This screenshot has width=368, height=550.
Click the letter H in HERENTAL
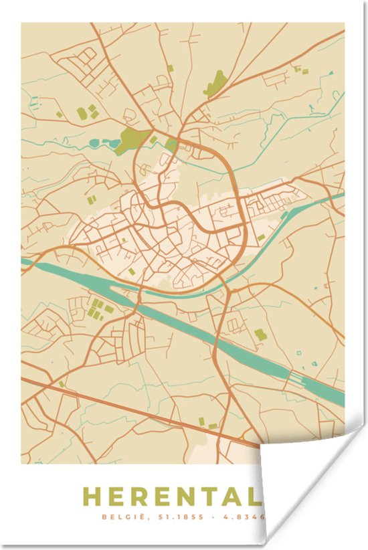coord(91,496)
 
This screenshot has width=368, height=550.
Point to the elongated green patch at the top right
coord(216,84)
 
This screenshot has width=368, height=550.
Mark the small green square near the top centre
coord(170,68)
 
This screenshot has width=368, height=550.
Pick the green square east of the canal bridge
coord(260,333)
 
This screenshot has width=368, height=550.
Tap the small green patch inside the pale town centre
coord(132,272)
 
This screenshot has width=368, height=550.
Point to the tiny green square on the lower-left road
coord(62,384)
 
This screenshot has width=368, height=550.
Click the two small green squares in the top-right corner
coord(297,69)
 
